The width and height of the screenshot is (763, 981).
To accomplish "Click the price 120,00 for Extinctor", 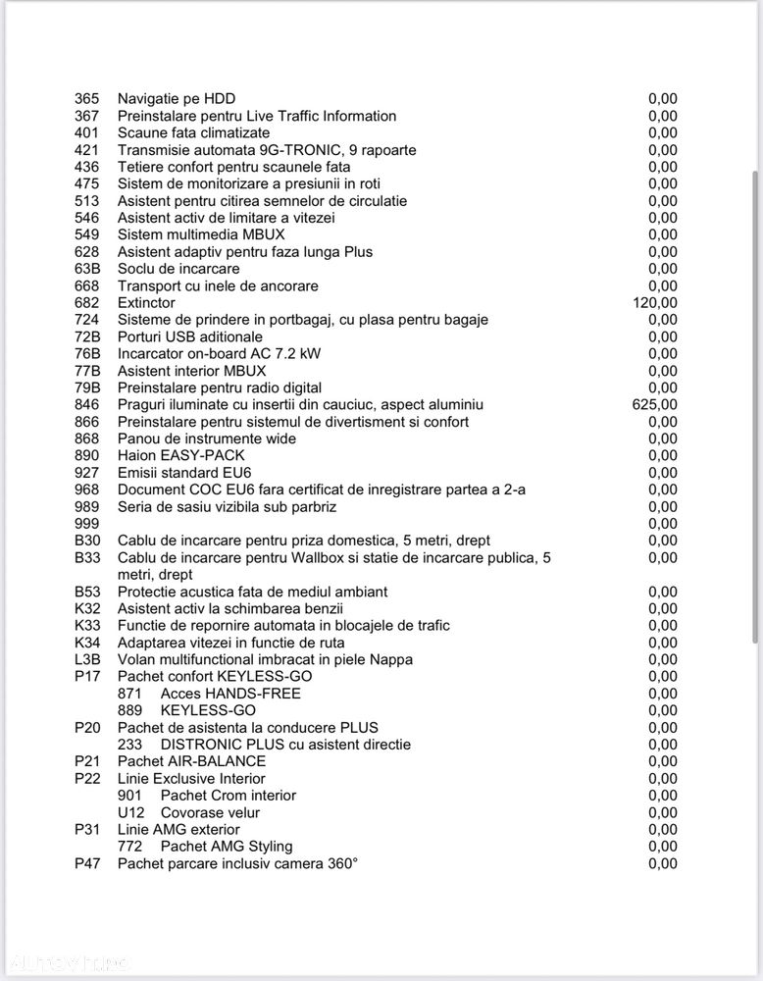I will (655, 303).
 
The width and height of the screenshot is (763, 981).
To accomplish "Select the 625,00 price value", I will (655, 404).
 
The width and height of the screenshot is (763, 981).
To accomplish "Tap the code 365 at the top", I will (87, 99).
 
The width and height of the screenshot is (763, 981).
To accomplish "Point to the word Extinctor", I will (146, 303).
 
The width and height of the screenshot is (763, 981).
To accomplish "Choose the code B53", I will (87, 592).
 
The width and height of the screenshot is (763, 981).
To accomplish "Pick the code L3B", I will (87, 659).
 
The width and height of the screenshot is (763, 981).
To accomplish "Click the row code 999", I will (87, 524).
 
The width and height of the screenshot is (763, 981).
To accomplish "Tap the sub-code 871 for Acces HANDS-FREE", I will (129, 694).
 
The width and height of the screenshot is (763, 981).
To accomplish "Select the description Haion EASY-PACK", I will (181, 455).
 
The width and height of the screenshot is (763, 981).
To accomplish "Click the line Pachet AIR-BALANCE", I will (191, 761).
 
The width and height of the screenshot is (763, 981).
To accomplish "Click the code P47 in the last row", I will (87, 863).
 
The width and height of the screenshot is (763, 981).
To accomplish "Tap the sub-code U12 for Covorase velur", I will (130, 812).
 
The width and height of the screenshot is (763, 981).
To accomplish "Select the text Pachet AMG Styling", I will (227, 846).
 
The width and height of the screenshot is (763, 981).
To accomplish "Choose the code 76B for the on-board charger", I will (87, 353).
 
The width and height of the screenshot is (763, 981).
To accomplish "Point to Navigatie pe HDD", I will (177, 99).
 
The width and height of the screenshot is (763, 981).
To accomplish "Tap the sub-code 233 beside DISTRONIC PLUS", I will (129, 745).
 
